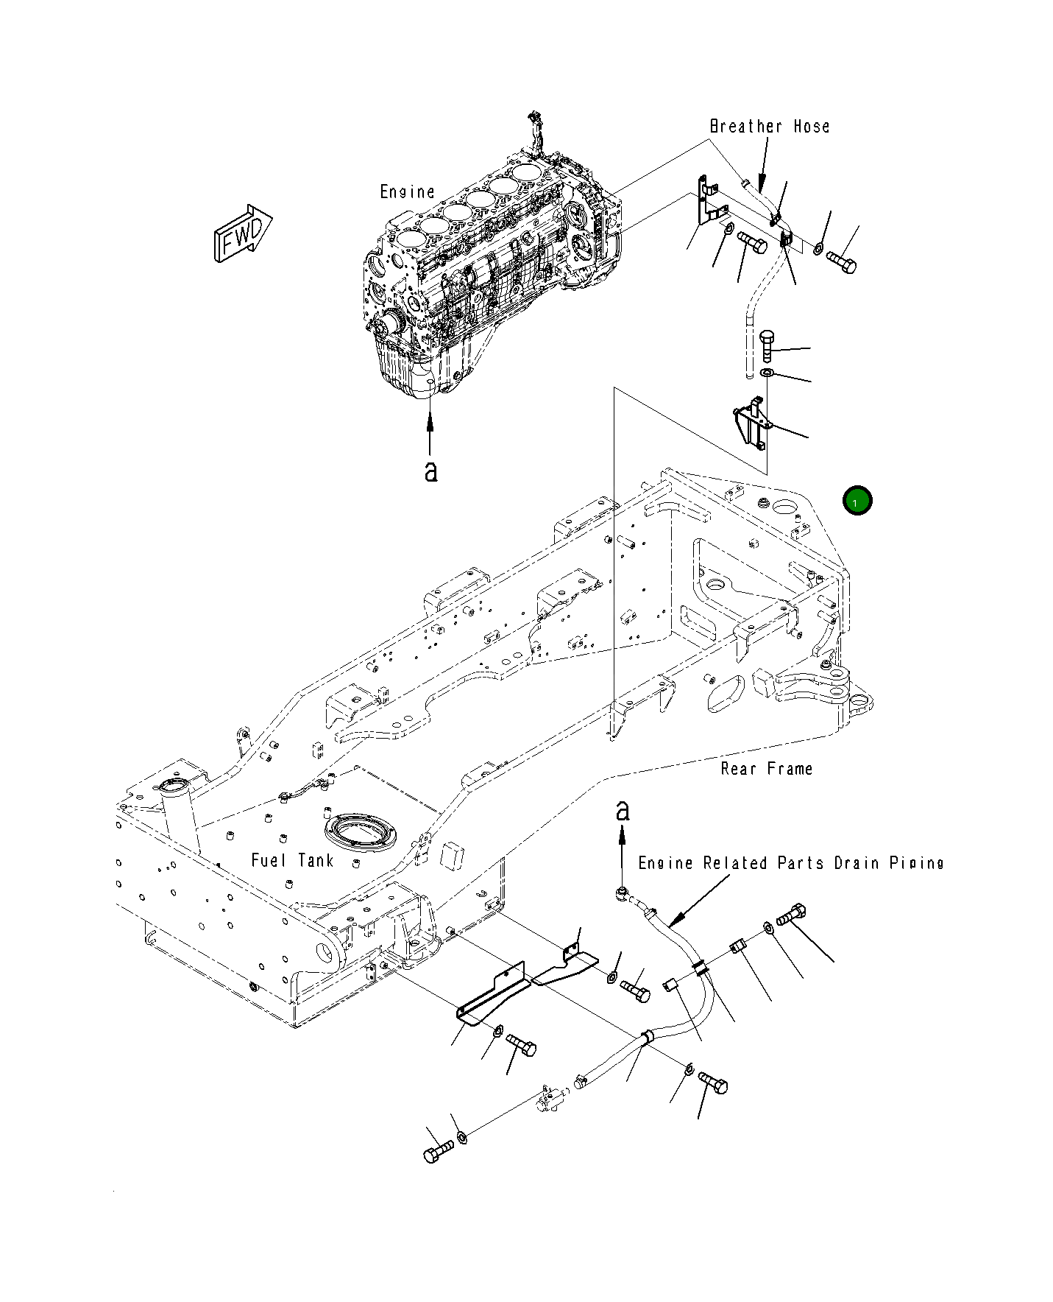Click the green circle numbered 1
pyautogui.click(x=857, y=501)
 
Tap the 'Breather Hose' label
pyautogui.click(x=770, y=127)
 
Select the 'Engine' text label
pyautogui.click(x=407, y=192)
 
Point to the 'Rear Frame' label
pyautogui.click(x=767, y=769)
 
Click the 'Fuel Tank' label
pyautogui.click(x=292, y=860)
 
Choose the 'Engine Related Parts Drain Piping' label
pyautogui.click(x=791, y=863)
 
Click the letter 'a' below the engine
pyautogui.click(x=430, y=471)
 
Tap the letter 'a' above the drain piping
pyautogui.click(x=623, y=810)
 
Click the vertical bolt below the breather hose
pyautogui.click(x=766, y=345)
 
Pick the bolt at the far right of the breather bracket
pyautogui.click(x=841, y=261)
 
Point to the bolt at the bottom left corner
pyautogui.click(x=439, y=1152)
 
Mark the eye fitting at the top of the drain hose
pyautogui.click(x=624, y=894)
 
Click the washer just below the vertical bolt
pyautogui.click(x=766, y=374)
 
